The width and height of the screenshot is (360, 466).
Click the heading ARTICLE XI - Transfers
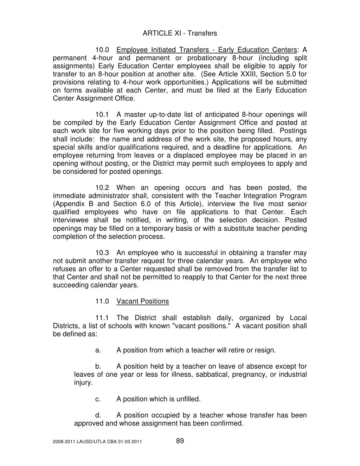pyautogui.click(x=180, y=33)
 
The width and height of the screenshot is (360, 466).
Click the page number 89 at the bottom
pyautogui.click(x=180, y=441)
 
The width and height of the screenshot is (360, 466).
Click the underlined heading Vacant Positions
pyautogui.click(x=142, y=301)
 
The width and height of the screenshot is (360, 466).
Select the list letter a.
pyautogui.click(x=98, y=350)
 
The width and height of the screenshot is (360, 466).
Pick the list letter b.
pyautogui.click(x=98, y=366)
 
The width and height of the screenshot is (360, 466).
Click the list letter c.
pyautogui.click(x=98, y=399)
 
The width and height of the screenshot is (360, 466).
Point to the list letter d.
pyautogui.click(x=98, y=415)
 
